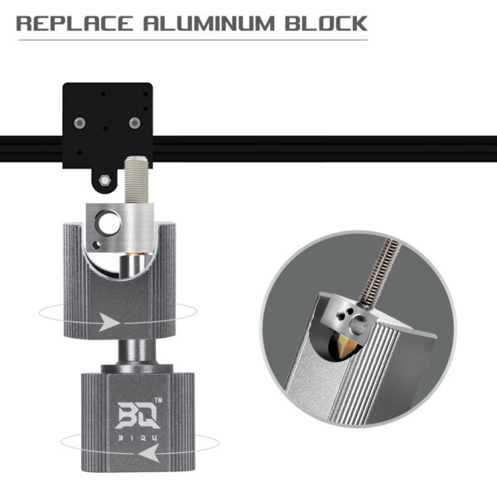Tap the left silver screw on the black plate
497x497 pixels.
78,123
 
